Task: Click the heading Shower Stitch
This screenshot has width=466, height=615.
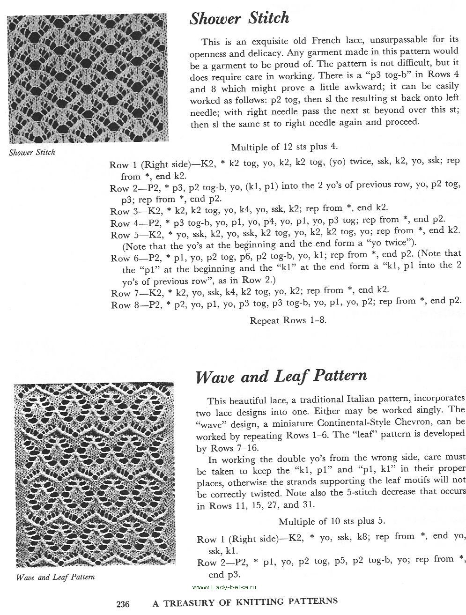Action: point(239,18)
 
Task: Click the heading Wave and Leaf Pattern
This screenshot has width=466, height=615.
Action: point(281,376)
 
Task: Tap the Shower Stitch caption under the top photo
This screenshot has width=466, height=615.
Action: point(32,152)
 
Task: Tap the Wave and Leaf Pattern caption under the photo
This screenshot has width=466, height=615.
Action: point(55,577)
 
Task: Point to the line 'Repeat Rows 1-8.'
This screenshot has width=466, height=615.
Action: point(288,320)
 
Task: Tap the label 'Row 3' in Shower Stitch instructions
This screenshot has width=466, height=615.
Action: point(123,210)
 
